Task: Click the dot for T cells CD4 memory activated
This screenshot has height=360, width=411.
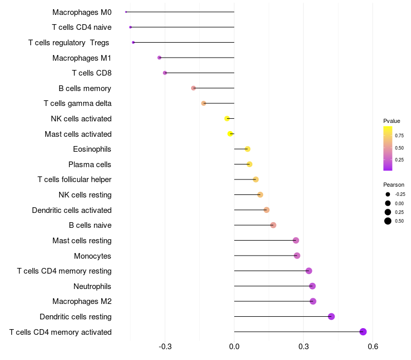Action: coord(363,332)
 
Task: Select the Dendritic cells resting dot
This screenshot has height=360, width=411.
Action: coord(331,316)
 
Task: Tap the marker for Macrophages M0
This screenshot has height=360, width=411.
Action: coord(126,12)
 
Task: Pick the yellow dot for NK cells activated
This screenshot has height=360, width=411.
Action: coord(227,119)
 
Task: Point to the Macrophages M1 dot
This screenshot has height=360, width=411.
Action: coord(159,58)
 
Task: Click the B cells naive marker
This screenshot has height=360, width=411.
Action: coord(273,225)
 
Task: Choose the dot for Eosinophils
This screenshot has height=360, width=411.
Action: coord(248,149)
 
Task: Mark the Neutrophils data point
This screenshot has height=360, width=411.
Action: coord(312,286)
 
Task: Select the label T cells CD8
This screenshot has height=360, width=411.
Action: coord(91,73)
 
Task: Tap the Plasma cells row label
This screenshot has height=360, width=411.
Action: coord(90,165)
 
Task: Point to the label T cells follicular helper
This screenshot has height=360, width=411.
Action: coord(74,179)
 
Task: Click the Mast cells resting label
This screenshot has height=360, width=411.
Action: coord(82,241)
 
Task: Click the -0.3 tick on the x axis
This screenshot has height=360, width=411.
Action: coord(165,347)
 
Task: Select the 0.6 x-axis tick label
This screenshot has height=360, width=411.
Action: coord(373,347)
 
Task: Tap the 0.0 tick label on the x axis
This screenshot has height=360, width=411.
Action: coord(234,347)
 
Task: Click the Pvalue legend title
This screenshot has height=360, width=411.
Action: coord(391,121)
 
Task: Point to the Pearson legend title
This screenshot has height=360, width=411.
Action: coord(394,185)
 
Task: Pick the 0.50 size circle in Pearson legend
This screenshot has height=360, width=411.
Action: coord(388,221)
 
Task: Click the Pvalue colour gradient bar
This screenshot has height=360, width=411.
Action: coord(388,148)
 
